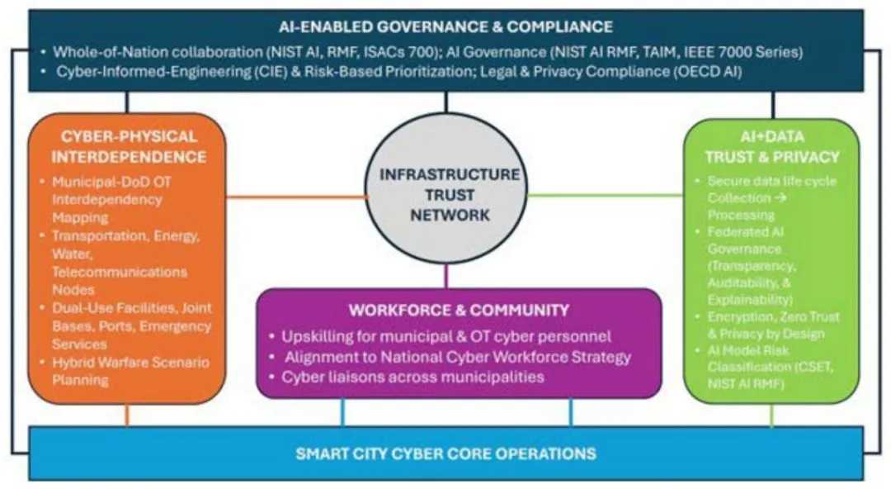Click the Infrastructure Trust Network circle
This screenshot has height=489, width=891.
445,194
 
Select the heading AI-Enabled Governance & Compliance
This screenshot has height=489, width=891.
445,26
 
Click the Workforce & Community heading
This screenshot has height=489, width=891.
459,311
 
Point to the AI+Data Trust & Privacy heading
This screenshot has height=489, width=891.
771,146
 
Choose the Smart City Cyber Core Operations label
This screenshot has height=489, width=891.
445,453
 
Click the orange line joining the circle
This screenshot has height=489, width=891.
297,197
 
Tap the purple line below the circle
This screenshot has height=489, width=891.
445,274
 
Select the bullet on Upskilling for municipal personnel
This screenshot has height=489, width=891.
445,337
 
